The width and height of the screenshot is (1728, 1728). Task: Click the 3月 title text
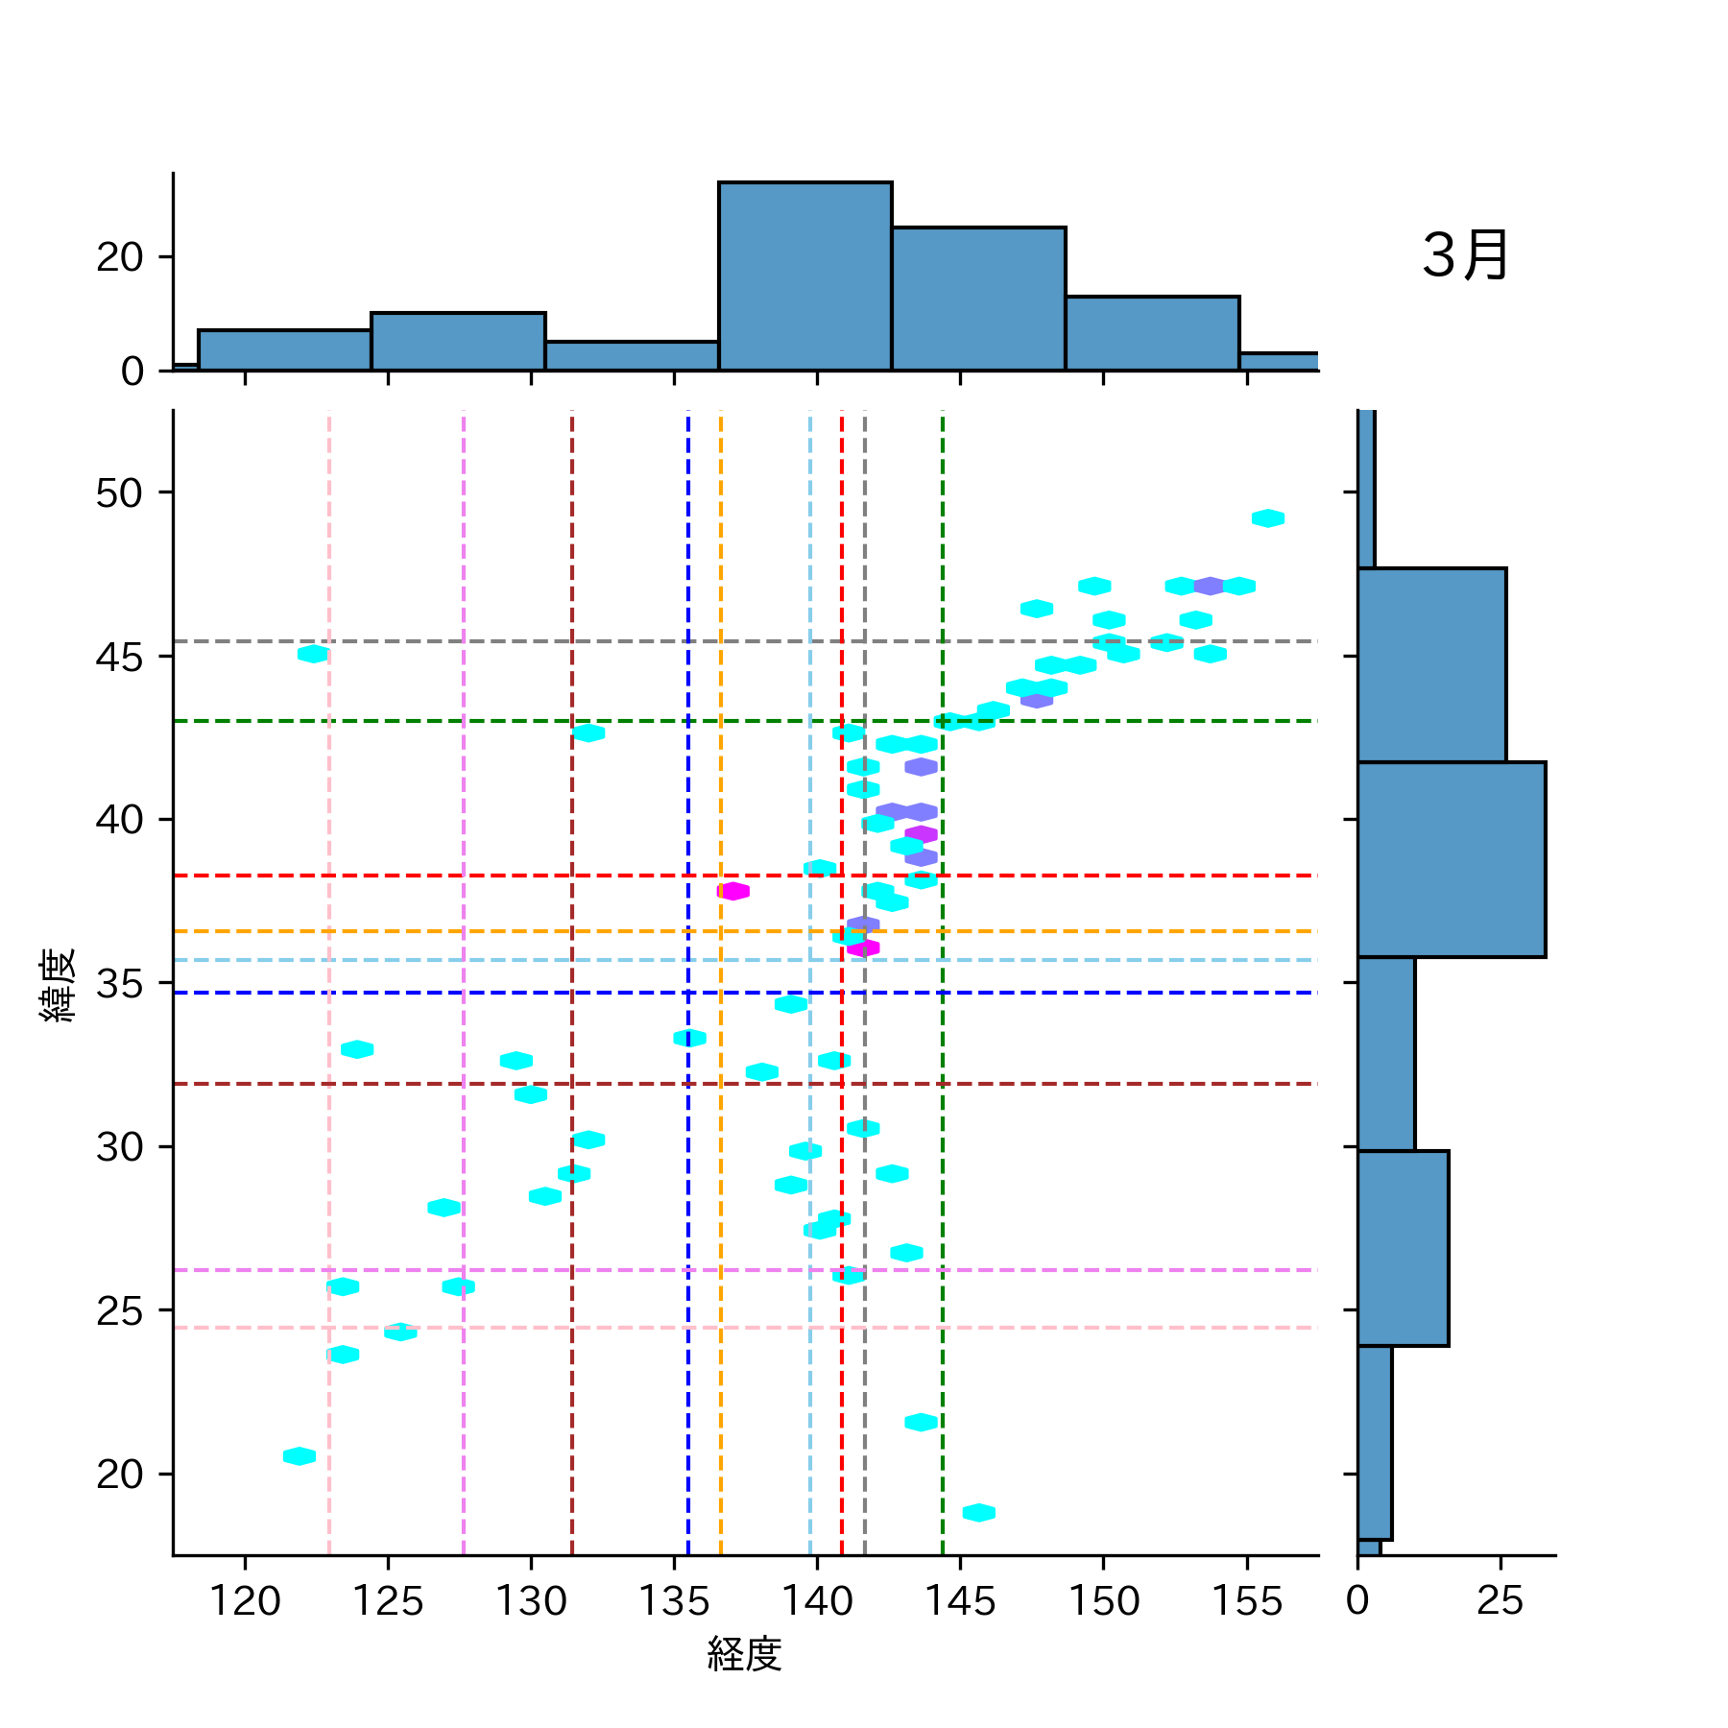click(x=1465, y=256)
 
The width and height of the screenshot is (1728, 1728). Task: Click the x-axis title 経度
click(x=744, y=1653)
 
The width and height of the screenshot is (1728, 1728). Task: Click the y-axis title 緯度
click(x=58, y=985)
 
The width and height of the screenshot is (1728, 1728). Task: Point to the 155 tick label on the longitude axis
click(x=1246, y=1601)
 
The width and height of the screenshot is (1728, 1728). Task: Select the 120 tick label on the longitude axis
click(x=245, y=1601)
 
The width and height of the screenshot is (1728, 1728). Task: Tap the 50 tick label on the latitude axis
click(x=119, y=493)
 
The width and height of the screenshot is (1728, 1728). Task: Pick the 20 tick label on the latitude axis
click(x=119, y=1475)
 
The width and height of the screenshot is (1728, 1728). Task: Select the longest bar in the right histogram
click(x=1451, y=859)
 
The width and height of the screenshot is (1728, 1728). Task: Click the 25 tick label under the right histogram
click(x=1500, y=1601)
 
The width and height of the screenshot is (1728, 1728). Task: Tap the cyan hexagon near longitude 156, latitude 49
click(x=1268, y=518)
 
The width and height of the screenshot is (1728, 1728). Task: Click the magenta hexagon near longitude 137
click(x=733, y=891)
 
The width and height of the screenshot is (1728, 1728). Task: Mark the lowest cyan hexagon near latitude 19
click(x=978, y=1513)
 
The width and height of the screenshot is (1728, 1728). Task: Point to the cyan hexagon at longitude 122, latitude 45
click(x=313, y=654)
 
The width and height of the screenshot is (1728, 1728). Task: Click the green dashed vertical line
click(x=943, y=1152)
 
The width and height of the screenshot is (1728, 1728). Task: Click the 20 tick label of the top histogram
click(x=119, y=257)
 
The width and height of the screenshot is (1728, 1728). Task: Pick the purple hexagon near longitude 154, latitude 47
click(x=1209, y=586)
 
